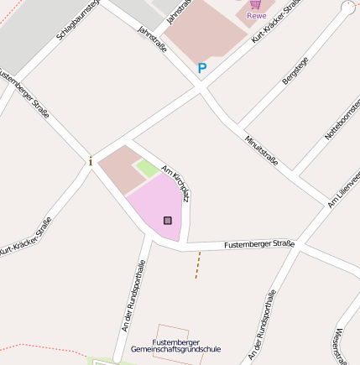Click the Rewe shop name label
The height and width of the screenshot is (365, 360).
click(x=256, y=15)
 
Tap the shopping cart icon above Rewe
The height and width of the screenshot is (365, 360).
click(x=255, y=4)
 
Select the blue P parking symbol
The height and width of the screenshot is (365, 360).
click(x=201, y=68)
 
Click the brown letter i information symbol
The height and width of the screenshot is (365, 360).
click(x=91, y=160)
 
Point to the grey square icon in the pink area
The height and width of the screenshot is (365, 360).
click(x=168, y=221)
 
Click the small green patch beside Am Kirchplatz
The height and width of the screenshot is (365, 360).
click(x=147, y=169)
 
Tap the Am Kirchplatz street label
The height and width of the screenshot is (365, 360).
click(x=175, y=182)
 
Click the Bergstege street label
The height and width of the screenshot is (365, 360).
click(x=295, y=70)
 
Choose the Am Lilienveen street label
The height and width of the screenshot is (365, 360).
click(x=344, y=188)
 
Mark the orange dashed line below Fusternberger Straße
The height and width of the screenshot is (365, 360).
click(x=198, y=264)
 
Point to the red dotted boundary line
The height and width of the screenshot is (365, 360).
click(x=42, y=347)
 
